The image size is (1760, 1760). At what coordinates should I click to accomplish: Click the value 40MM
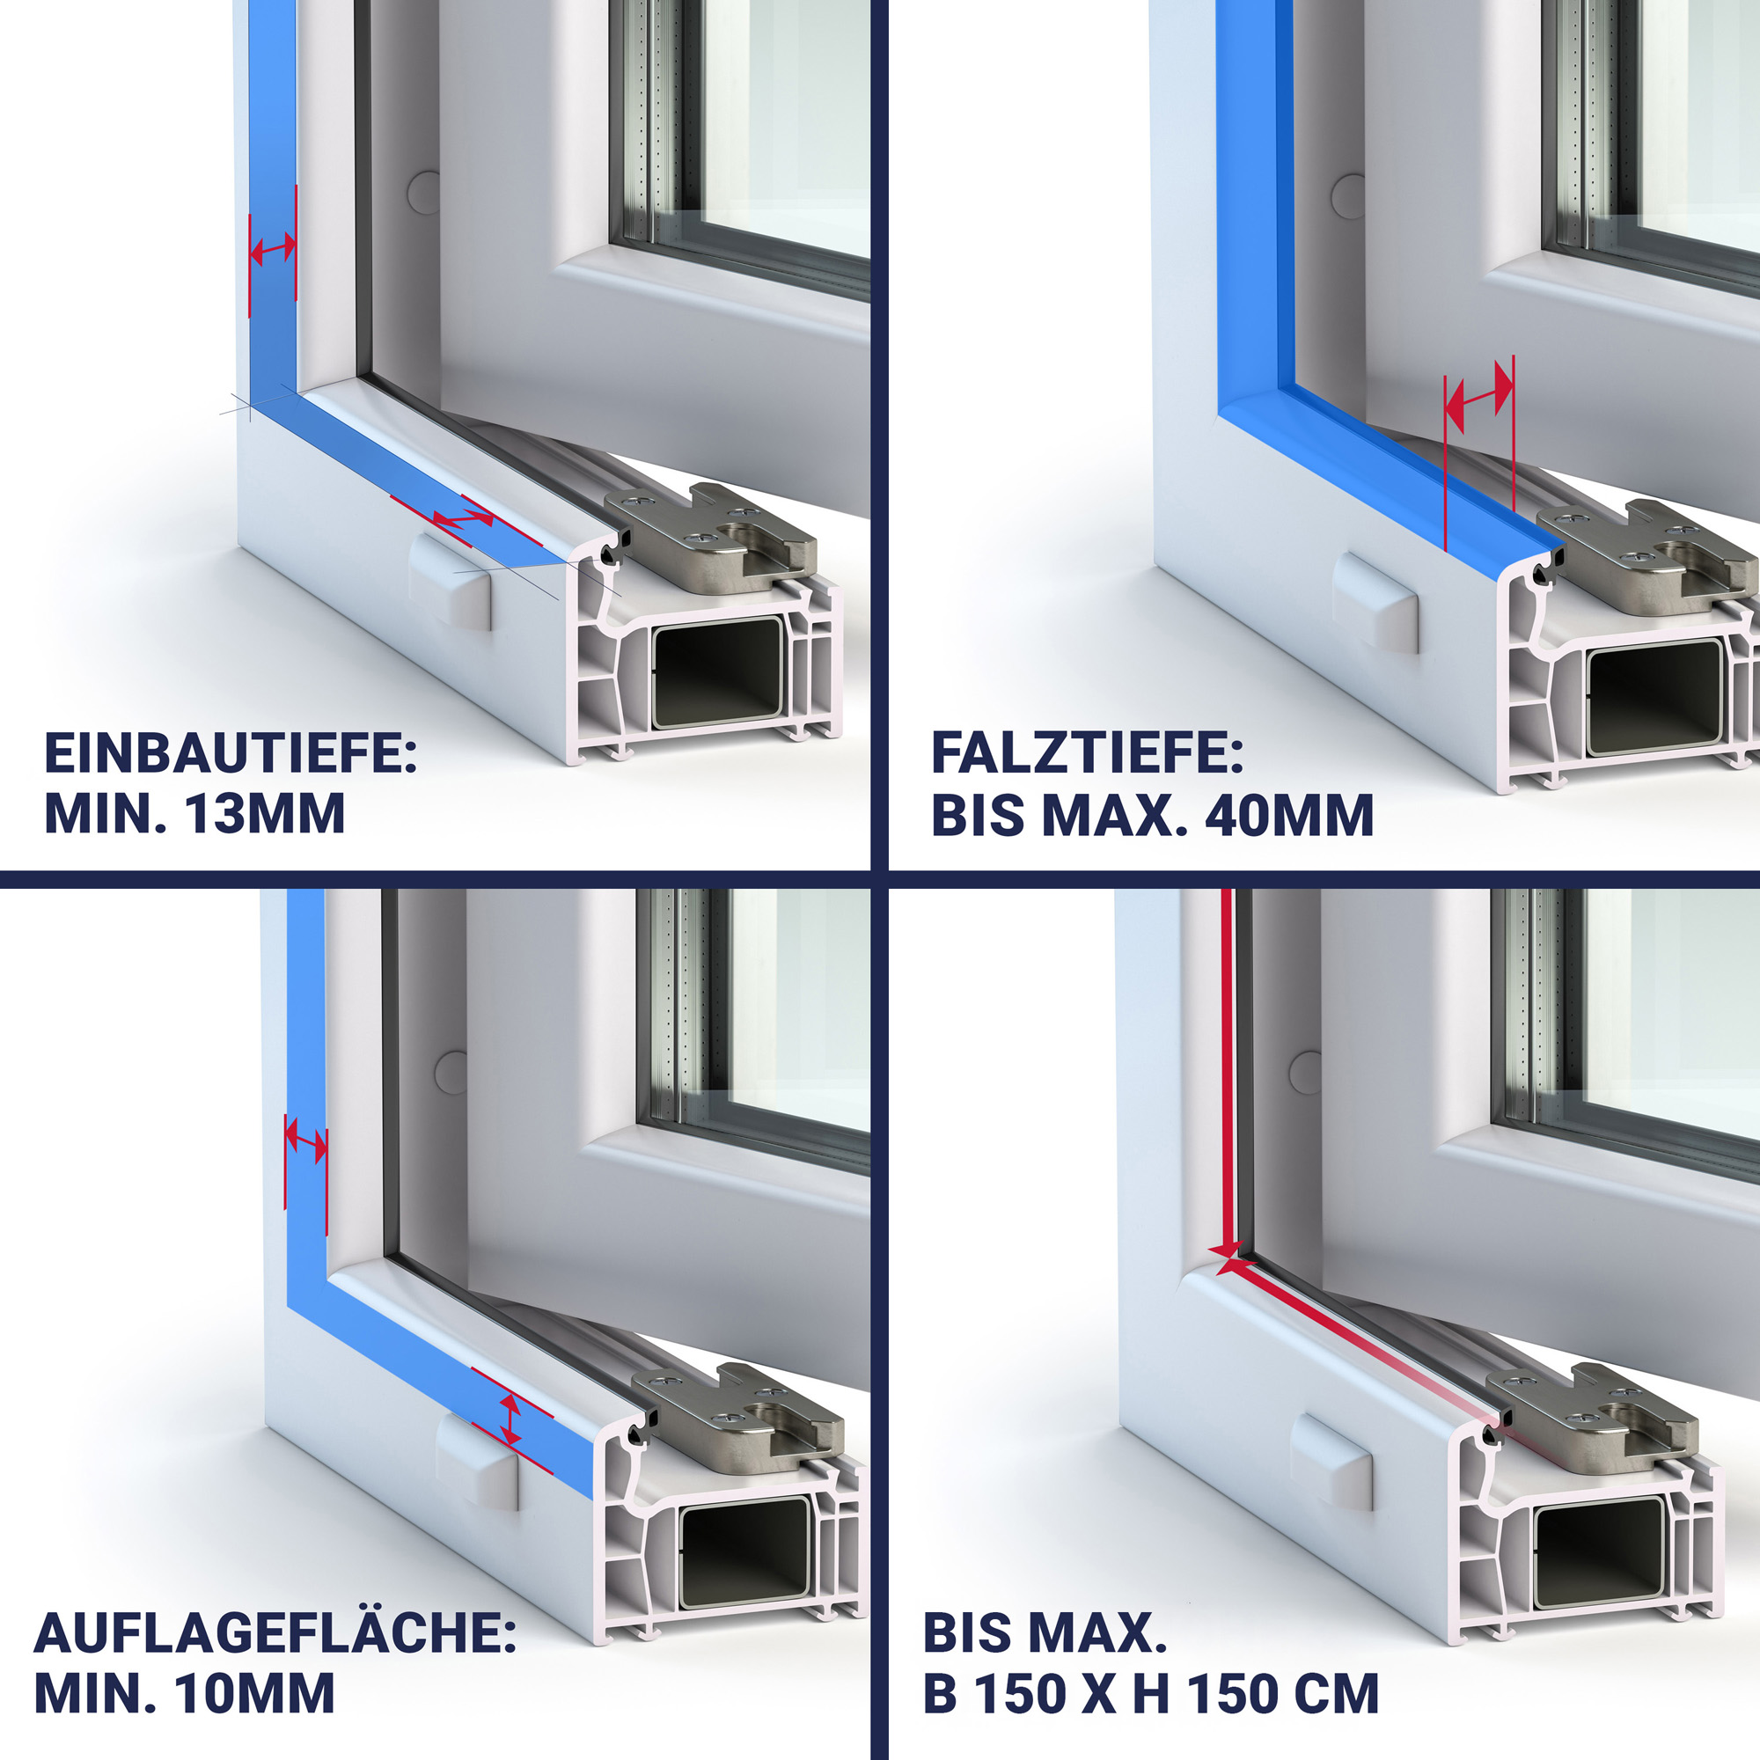point(1290,817)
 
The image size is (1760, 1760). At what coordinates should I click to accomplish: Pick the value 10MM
point(254,1693)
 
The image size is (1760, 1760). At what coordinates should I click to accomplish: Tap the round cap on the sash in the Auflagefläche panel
point(450,1072)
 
